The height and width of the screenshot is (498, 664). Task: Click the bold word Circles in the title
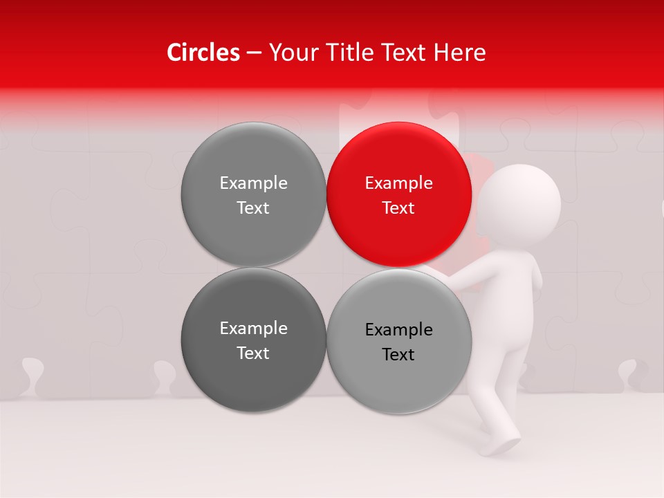[203, 53]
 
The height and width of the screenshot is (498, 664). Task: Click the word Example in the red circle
[398, 183]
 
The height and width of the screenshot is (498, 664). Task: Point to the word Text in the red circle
[398, 207]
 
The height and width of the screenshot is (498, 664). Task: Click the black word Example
[398, 329]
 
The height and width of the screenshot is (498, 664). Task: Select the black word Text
[398, 354]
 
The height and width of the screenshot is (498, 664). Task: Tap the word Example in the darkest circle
[253, 328]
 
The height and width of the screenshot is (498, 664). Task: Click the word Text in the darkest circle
[253, 353]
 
